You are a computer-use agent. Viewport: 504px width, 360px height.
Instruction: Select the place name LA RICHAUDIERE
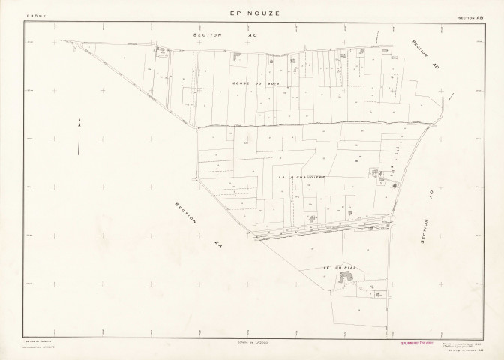[301, 177]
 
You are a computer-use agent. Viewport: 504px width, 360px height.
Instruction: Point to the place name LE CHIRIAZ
[338, 267]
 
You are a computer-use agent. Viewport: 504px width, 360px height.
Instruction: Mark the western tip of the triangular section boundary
[66, 40]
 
